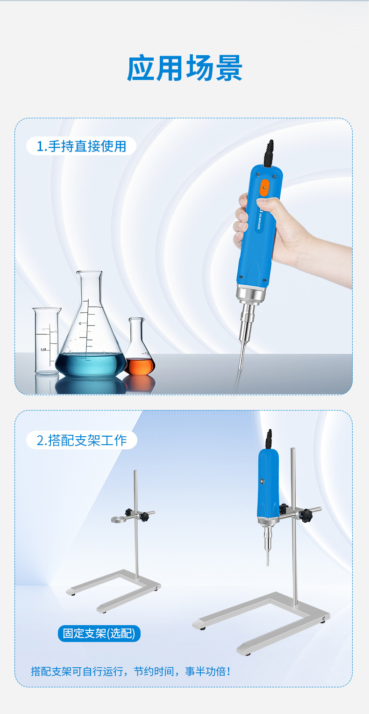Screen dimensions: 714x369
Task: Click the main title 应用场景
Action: [184, 68]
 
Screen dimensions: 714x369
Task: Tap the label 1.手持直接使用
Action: [81, 146]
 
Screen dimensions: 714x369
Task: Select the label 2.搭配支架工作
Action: [82, 440]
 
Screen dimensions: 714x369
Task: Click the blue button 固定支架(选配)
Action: [99, 634]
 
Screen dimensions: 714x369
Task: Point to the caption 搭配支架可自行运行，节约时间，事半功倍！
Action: [130, 671]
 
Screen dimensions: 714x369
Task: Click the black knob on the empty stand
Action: [147, 517]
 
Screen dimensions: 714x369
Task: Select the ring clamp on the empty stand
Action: [120, 519]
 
